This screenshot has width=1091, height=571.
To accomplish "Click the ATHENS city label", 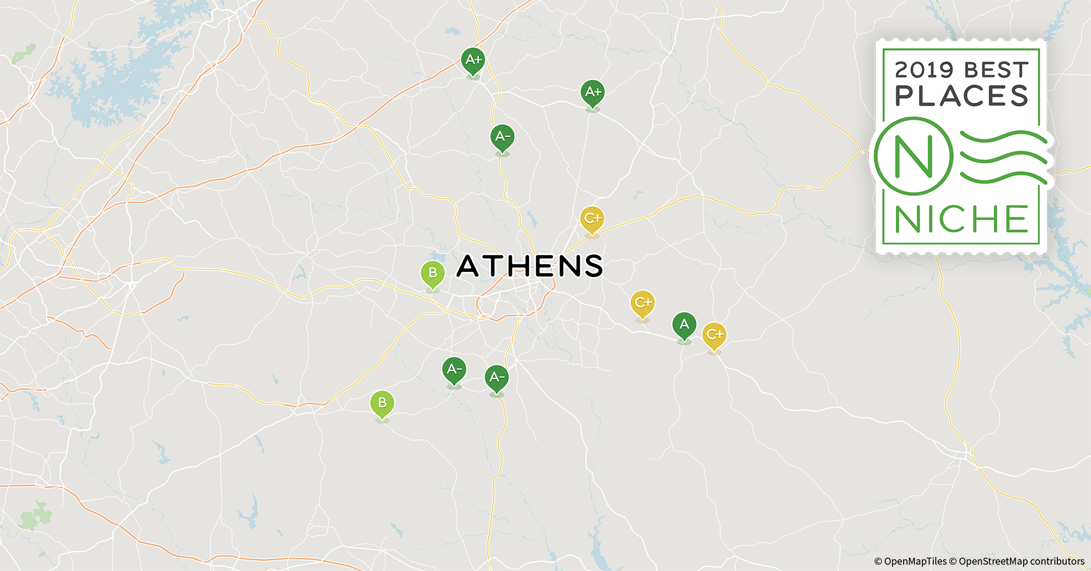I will click(x=530, y=266).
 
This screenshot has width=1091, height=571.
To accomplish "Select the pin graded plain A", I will click(x=684, y=325).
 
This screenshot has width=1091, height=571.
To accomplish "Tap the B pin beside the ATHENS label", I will click(x=432, y=274).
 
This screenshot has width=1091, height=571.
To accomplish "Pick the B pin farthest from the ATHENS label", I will click(x=382, y=403).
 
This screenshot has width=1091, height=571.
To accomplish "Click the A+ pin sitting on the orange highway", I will click(x=473, y=60).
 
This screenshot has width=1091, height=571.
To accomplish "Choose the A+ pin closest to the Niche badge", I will click(x=593, y=92).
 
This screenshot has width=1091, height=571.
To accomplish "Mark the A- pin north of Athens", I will click(x=502, y=137).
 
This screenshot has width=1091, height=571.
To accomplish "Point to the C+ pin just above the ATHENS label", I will click(x=592, y=219).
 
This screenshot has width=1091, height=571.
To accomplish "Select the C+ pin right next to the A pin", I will click(x=714, y=335).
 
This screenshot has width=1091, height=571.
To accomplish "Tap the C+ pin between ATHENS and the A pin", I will click(x=643, y=303).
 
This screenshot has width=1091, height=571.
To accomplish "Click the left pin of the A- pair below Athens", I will click(x=454, y=370).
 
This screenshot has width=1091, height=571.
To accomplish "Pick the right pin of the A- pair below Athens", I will click(x=496, y=378).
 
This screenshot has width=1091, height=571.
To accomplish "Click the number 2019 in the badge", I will click(x=924, y=70).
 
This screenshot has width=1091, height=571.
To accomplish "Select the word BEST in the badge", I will click(x=996, y=70).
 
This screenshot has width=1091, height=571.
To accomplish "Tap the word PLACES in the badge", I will click(x=961, y=96).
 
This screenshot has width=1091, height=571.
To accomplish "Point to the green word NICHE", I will click(x=961, y=219).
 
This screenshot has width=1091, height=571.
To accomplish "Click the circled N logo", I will click(x=913, y=155).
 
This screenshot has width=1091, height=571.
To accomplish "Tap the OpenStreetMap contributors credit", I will click(x=1021, y=562).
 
